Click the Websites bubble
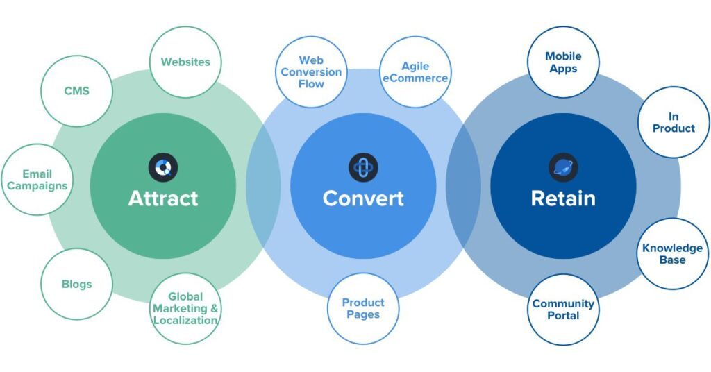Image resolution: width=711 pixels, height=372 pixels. (185, 62)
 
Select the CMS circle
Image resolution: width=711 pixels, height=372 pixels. (76, 91)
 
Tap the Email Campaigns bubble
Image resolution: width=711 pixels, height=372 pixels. (37, 180)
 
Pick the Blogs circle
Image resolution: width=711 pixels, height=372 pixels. (76, 284)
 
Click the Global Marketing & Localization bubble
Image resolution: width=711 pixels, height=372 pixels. (185, 309)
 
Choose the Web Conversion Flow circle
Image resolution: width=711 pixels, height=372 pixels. (311, 72)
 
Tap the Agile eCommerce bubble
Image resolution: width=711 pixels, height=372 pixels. (415, 72)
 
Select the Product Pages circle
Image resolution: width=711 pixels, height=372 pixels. (362, 308)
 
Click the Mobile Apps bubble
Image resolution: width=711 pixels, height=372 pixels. (563, 62)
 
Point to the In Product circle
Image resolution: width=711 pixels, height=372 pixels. (673, 122)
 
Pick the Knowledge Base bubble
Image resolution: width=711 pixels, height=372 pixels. (672, 254)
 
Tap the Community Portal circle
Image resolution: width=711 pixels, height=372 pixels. (563, 310)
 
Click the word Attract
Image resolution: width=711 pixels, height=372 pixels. (163, 198)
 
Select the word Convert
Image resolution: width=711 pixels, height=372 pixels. (363, 198)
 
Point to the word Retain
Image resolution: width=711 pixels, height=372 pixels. (563, 198)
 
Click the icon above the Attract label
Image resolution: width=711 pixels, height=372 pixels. (163, 167)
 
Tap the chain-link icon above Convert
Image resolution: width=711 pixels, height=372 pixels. (363, 167)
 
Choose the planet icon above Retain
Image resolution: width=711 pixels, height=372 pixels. (563, 167)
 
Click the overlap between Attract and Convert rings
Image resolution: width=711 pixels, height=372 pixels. (263, 186)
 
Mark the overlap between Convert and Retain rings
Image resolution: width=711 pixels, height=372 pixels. (463, 186)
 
